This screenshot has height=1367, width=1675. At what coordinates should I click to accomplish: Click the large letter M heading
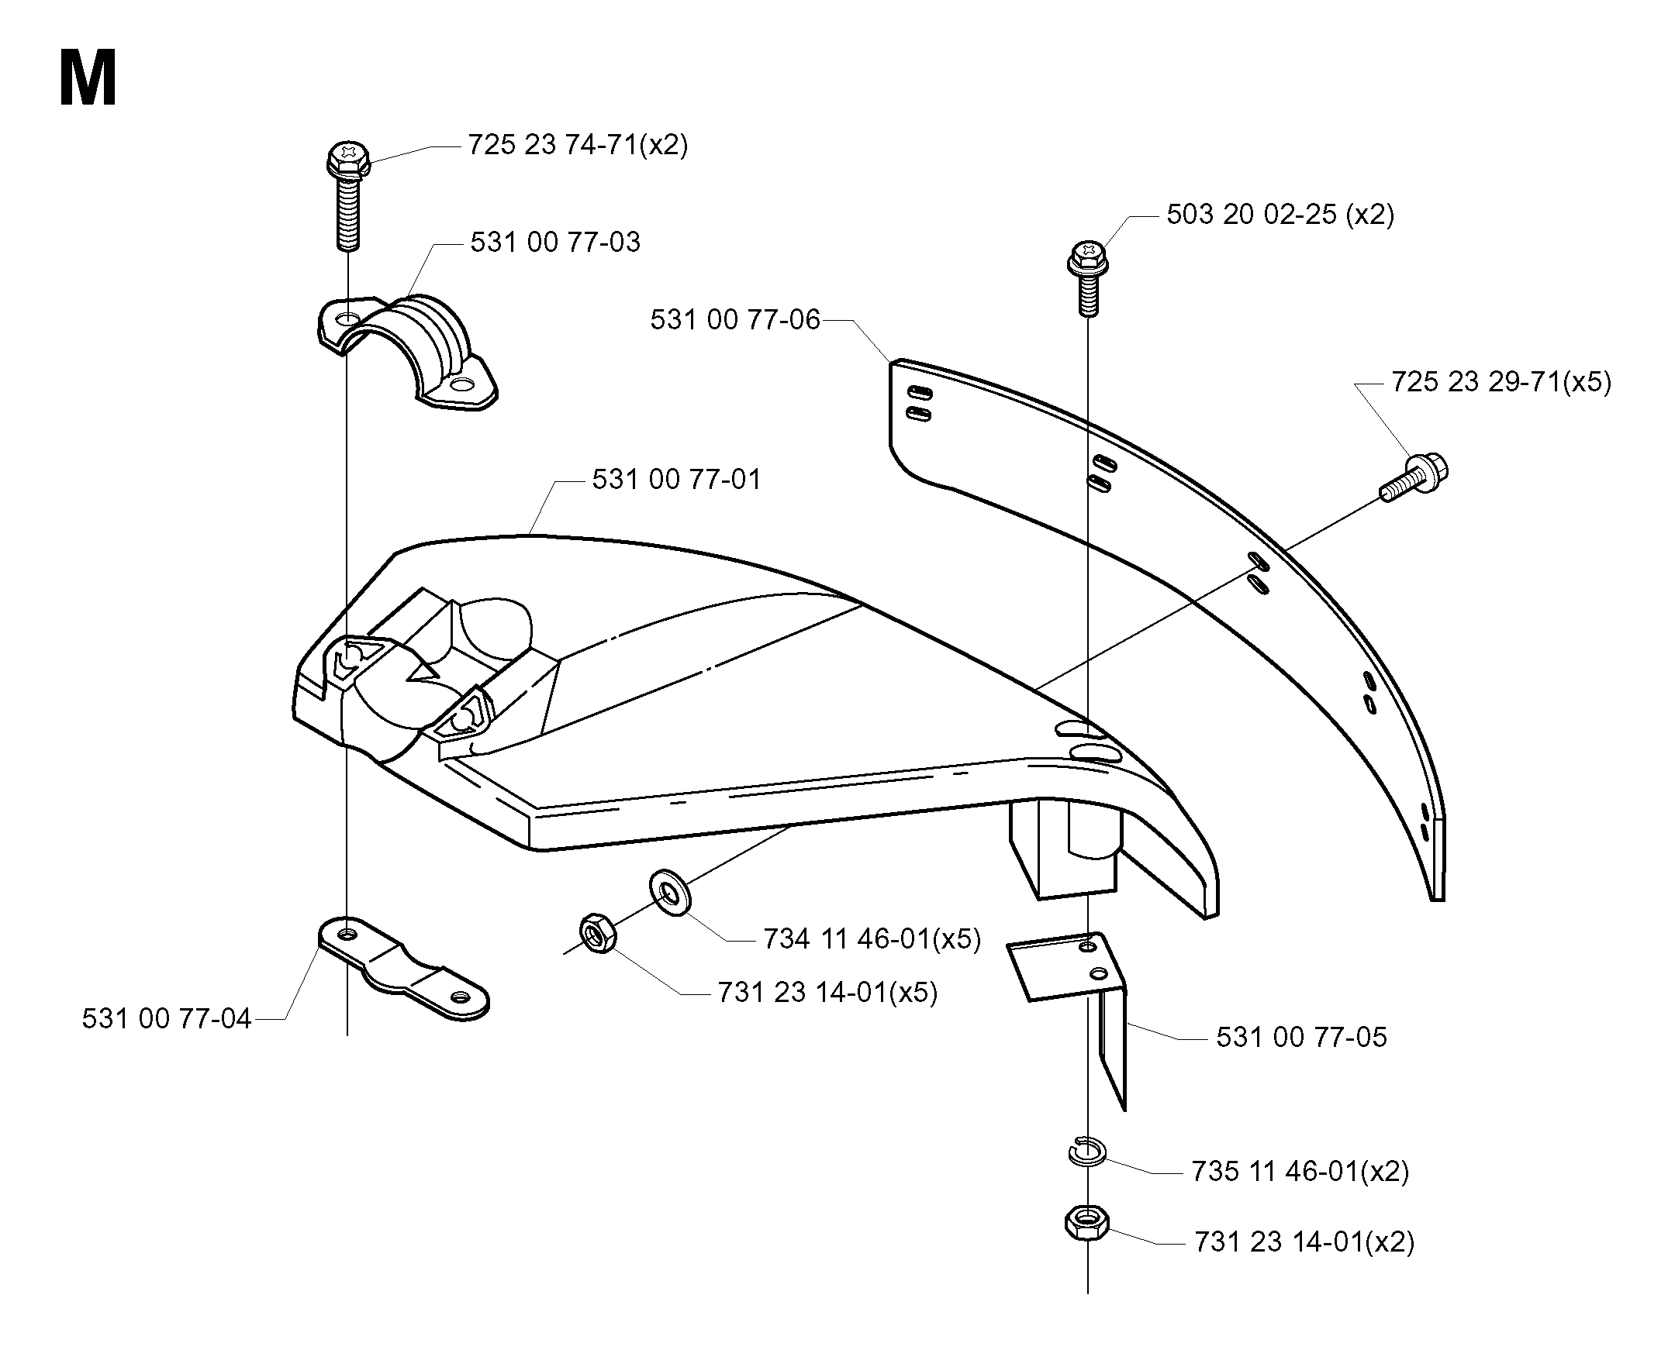(88, 77)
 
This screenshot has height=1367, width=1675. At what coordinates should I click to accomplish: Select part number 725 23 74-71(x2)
(578, 145)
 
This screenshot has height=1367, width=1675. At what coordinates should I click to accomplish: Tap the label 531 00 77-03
(555, 242)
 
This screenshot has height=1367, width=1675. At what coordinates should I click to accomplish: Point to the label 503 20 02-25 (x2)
(1280, 214)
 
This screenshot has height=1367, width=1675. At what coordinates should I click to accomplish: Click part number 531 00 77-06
(735, 320)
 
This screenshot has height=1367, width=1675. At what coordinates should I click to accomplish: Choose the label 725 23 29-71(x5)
(1501, 382)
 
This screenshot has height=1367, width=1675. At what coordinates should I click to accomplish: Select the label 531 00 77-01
(677, 480)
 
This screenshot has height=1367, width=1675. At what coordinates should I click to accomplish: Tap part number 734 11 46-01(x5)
(872, 938)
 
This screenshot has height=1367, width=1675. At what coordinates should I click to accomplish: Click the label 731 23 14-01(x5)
(827, 992)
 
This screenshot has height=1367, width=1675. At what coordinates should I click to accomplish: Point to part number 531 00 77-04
(166, 1019)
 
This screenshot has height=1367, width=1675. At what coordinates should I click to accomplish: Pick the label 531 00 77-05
(1301, 1037)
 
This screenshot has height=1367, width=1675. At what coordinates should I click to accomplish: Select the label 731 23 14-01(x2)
(1304, 1241)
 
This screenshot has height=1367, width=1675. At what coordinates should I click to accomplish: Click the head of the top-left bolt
(348, 159)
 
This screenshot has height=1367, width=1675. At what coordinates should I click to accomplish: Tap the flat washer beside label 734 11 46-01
(670, 892)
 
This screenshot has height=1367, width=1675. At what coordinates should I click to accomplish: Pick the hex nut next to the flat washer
(598, 933)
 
